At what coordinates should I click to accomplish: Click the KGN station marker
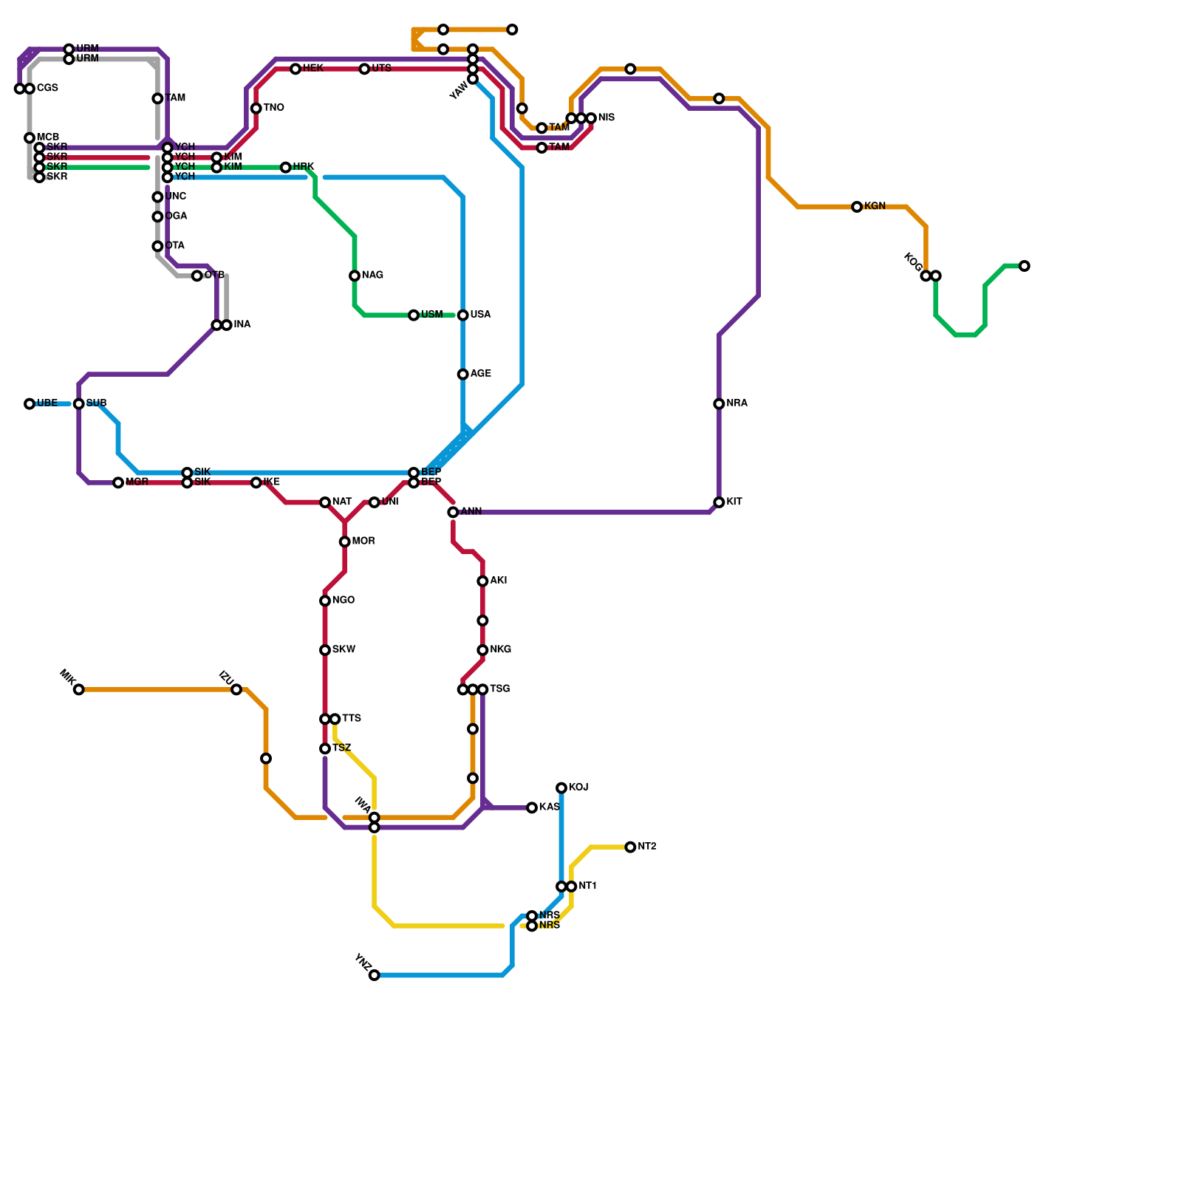click(x=857, y=207)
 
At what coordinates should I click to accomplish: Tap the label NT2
click(x=647, y=847)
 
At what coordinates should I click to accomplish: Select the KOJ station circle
click(x=561, y=788)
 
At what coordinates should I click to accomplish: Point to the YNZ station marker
click(x=375, y=975)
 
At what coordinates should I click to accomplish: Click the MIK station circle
click(x=79, y=690)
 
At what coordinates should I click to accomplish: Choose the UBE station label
click(x=47, y=403)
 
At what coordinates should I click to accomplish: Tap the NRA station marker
click(x=719, y=404)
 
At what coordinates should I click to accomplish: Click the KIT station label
click(x=734, y=502)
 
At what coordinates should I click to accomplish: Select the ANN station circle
click(x=453, y=513)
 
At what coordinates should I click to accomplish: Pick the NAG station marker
click(x=355, y=276)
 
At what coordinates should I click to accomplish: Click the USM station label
click(x=431, y=315)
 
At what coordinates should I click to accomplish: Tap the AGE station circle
click(x=463, y=375)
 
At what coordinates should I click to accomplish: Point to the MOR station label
click(x=363, y=542)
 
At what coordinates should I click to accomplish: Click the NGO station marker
click(x=325, y=601)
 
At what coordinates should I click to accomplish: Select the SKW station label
click(x=344, y=650)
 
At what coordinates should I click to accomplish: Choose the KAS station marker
click(x=532, y=808)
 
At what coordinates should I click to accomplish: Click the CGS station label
click(x=47, y=89)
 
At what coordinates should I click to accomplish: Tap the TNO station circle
click(x=256, y=109)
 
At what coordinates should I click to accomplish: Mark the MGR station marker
click(x=118, y=483)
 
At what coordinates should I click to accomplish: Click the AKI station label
click(x=499, y=581)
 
